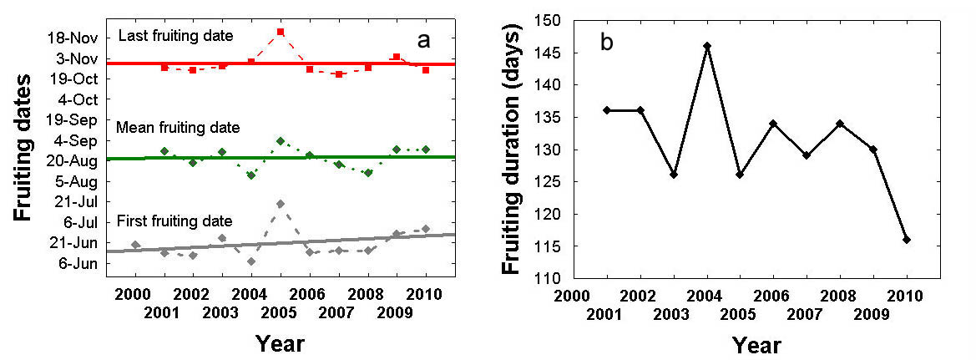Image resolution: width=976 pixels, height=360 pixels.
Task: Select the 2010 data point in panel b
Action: (x=907, y=240)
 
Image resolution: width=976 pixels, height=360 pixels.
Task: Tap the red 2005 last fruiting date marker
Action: (x=281, y=32)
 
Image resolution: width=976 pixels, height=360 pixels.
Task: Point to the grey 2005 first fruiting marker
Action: (x=281, y=204)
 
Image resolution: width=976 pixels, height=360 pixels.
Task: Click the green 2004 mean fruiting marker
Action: (x=251, y=175)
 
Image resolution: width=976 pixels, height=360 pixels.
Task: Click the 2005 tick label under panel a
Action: (x=281, y=312)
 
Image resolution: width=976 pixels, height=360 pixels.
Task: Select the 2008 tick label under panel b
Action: (x=841, y=295)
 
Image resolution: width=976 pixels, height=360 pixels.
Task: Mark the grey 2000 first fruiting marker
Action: (x=136, y=245)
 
